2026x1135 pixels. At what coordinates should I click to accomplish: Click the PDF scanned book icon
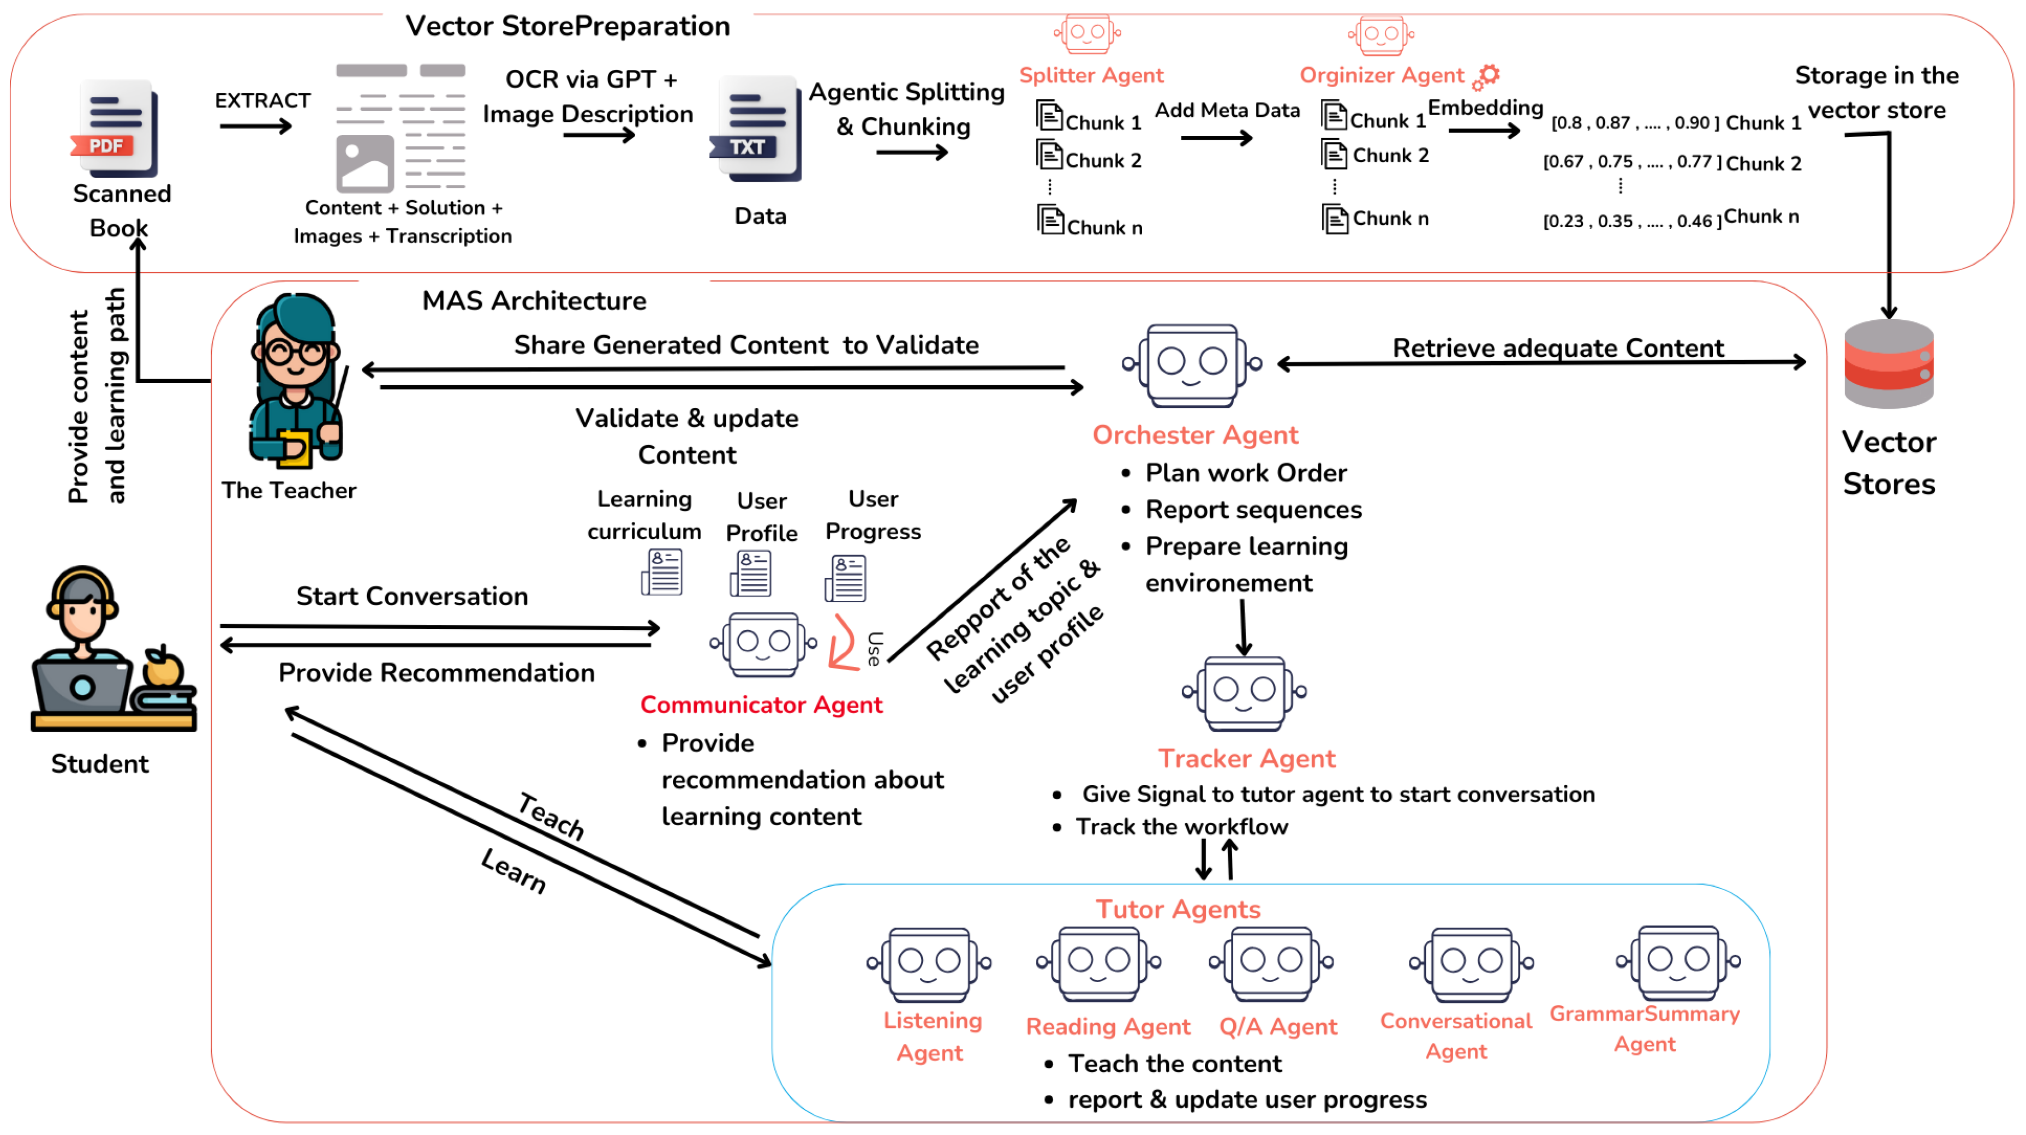pos(116,128)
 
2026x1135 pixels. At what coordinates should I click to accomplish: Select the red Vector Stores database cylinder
pos(1888,363)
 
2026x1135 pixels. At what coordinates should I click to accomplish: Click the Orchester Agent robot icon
pos(1192,365)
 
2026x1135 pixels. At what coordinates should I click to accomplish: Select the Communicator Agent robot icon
pos(763,643)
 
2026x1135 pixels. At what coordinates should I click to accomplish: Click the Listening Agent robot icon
pos(929,964)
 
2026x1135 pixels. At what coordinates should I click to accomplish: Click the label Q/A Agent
pos(1277,1026)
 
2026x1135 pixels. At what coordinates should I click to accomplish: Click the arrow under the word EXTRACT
pos(255,126)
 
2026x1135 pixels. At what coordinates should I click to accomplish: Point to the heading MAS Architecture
pos(534,301)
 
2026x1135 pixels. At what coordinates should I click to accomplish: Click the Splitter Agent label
pos(1091,75)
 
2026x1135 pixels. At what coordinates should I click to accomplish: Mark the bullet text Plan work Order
pos(1245,473)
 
